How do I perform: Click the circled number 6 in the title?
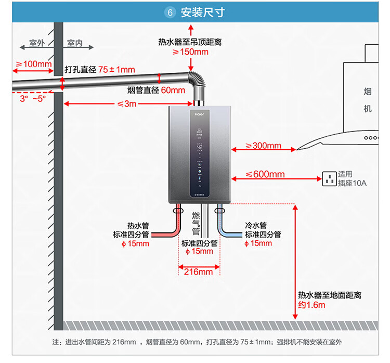click(170, 13)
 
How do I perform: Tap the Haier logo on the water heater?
click(201, 112)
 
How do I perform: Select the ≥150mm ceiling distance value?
click(190, 52)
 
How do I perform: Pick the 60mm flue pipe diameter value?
click(173, 90)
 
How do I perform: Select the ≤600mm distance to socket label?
click(265, 175)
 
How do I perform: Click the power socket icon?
click(329, 179)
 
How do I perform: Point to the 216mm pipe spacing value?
click(199, 271)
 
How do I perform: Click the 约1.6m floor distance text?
click(311, 305)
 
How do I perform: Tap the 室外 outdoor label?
click(37, 43)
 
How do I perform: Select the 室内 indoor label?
click(75, 43)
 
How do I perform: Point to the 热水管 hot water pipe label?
click(138, 226)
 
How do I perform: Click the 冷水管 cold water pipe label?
click(255, 226)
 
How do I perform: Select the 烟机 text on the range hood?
click(368, 100)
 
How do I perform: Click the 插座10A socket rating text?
click(352, 183)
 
